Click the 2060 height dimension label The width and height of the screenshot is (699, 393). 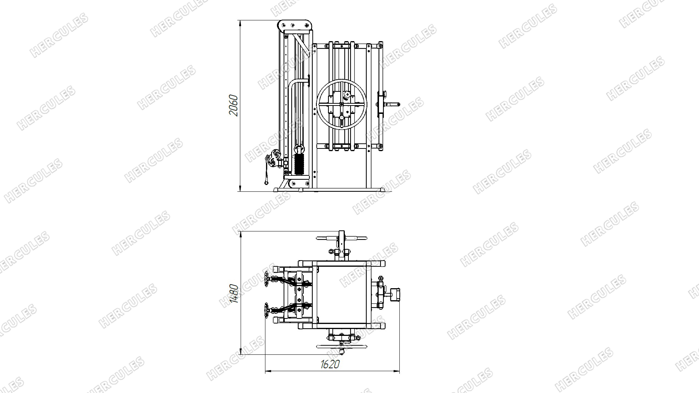[x=233, y=106]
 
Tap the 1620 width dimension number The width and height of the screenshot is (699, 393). [x=330, y=364]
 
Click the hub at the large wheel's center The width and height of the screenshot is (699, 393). [x=341, y=104]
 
